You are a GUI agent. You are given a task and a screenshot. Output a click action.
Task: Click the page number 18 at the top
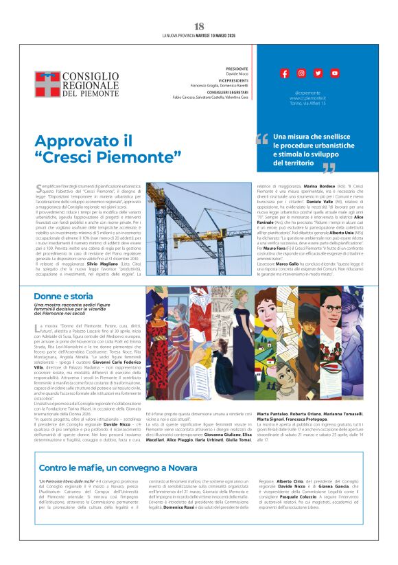click(x=199, y=26)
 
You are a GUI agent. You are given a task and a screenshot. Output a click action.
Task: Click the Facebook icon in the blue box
click(x=284, y=73)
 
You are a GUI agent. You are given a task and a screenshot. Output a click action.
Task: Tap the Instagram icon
click(x=301, y=73)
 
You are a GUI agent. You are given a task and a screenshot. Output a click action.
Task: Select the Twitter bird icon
click(x=318, y=73)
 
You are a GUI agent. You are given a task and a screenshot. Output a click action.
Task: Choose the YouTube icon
click(x=334, y=73)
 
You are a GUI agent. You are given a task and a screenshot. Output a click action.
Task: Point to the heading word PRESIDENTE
click(x=237, y=69)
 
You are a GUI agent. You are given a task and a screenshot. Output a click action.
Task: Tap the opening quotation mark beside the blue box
click(x=261, y=140)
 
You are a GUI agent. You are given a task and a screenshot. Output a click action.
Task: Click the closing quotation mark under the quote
click(x=329, y=168)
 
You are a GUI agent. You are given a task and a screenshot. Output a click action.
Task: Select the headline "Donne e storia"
click(x=63, y=296)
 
